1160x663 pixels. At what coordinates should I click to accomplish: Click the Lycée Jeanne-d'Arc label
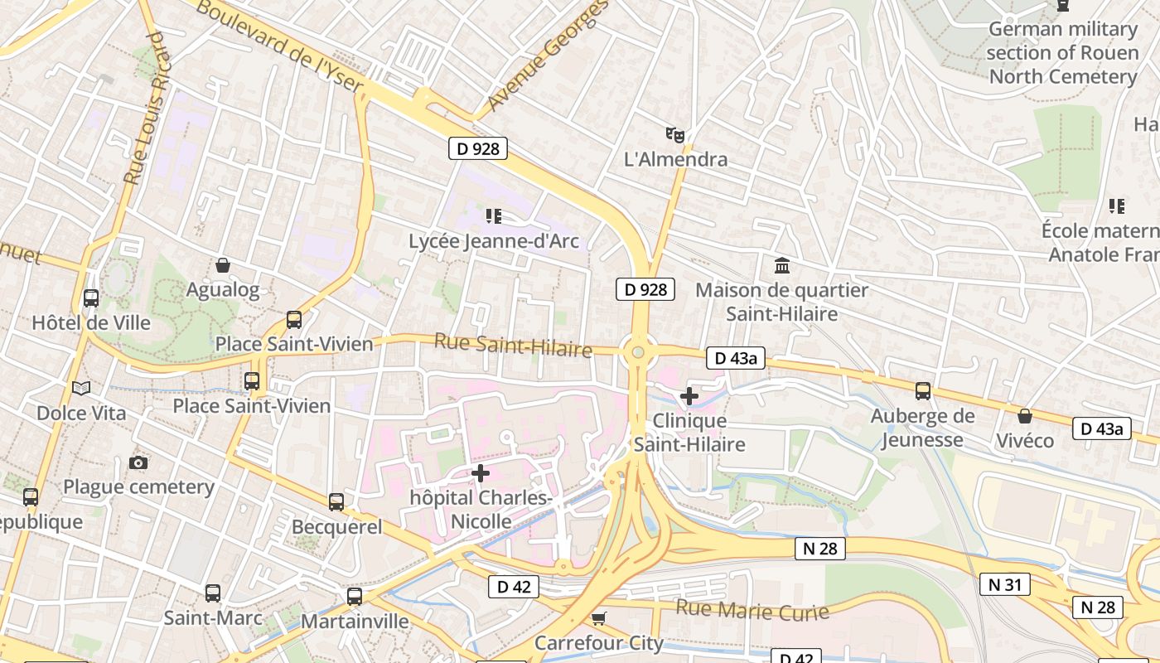(x=494, y=241)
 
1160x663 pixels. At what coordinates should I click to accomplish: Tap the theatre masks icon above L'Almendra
(x=675, y=134)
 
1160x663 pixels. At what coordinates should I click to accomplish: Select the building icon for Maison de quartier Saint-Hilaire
(x=781, y=266)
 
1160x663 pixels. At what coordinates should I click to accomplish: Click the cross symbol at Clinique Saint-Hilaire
(x=689, y=396)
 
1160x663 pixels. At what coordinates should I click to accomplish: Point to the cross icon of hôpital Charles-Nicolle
(x=480, y=473)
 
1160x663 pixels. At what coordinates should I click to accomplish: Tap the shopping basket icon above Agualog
(x=222, y=265)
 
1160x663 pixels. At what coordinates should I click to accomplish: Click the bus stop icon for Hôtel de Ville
(x=91, y=298)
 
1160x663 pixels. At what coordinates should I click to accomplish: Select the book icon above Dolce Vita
(x=81, y=388)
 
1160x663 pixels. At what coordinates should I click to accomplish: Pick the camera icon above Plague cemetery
(x=138, y=462)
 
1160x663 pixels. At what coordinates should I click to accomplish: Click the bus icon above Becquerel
(x=336, y=502)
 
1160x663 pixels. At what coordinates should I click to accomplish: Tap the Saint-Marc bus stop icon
(x=213, y=593)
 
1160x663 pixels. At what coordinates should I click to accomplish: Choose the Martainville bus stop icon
(x=355, y=597)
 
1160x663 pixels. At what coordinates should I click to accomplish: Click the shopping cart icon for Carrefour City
(x=598, y=618)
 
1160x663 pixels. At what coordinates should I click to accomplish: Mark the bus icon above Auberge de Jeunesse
(x=922, y=391)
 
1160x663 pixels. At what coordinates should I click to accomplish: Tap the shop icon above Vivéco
(x=1025, y=416)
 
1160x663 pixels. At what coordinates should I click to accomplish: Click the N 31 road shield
(x=1004, y=584)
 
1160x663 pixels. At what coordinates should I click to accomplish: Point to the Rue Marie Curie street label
(x=752, y=610)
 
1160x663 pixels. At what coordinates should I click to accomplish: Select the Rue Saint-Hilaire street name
(x=513, y=345)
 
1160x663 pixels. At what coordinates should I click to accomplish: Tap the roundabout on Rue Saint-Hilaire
(x=637, y=353)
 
